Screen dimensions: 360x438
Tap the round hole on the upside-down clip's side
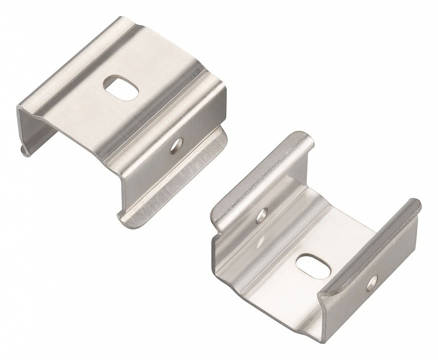[x=175, y=144]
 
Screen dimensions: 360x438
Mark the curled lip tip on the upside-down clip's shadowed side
[x=23, y=150]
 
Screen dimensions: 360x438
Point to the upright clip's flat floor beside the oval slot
[x=280, y=280]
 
